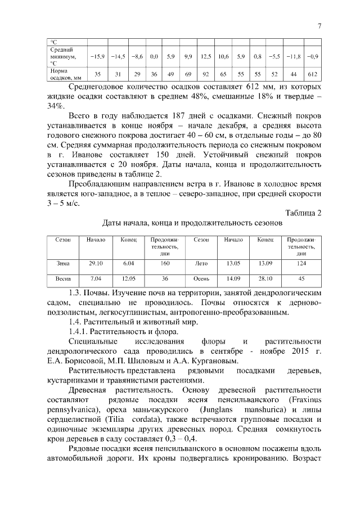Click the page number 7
click(x=319, y=26)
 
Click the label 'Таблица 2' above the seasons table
click(x=303, y=212)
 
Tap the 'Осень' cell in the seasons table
click(x=201, y=278)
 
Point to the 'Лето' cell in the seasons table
click(x=201, y=263)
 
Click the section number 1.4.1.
click(x=79, y=331)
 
